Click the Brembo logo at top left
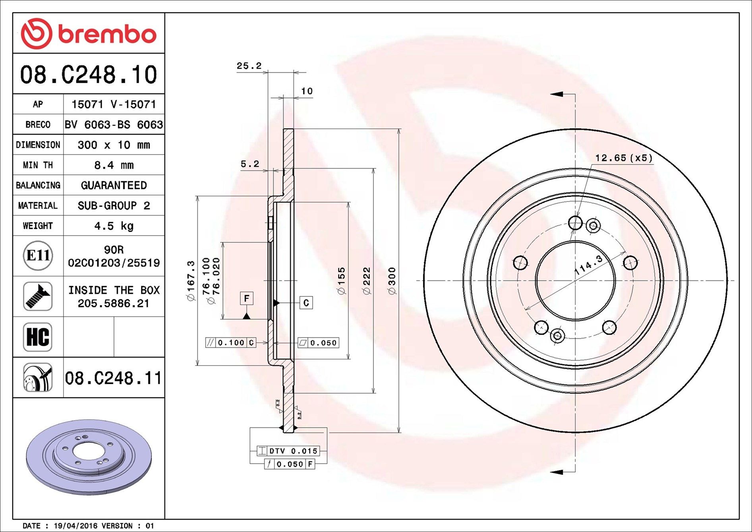pos(89,34)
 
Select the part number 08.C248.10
pos(89,75)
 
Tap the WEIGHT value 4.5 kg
pos(114,226)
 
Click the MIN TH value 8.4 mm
pos(114,165)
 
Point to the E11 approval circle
pos(38,255)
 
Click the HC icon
pos(38,337)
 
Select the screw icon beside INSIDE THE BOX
pos(38,296)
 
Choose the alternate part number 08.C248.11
pos(114,378)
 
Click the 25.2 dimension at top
pos(249,66)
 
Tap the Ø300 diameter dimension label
pos(392,281)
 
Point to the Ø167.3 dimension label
pos(191,281)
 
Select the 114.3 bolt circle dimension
pos(589,265)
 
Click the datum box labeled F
pos(247,298)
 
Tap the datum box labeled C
pos(306,303)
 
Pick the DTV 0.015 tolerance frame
pos(288,451)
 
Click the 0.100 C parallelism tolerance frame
pos(231,342)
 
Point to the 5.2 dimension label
pos(250,164)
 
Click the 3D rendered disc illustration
pos(89,457)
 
